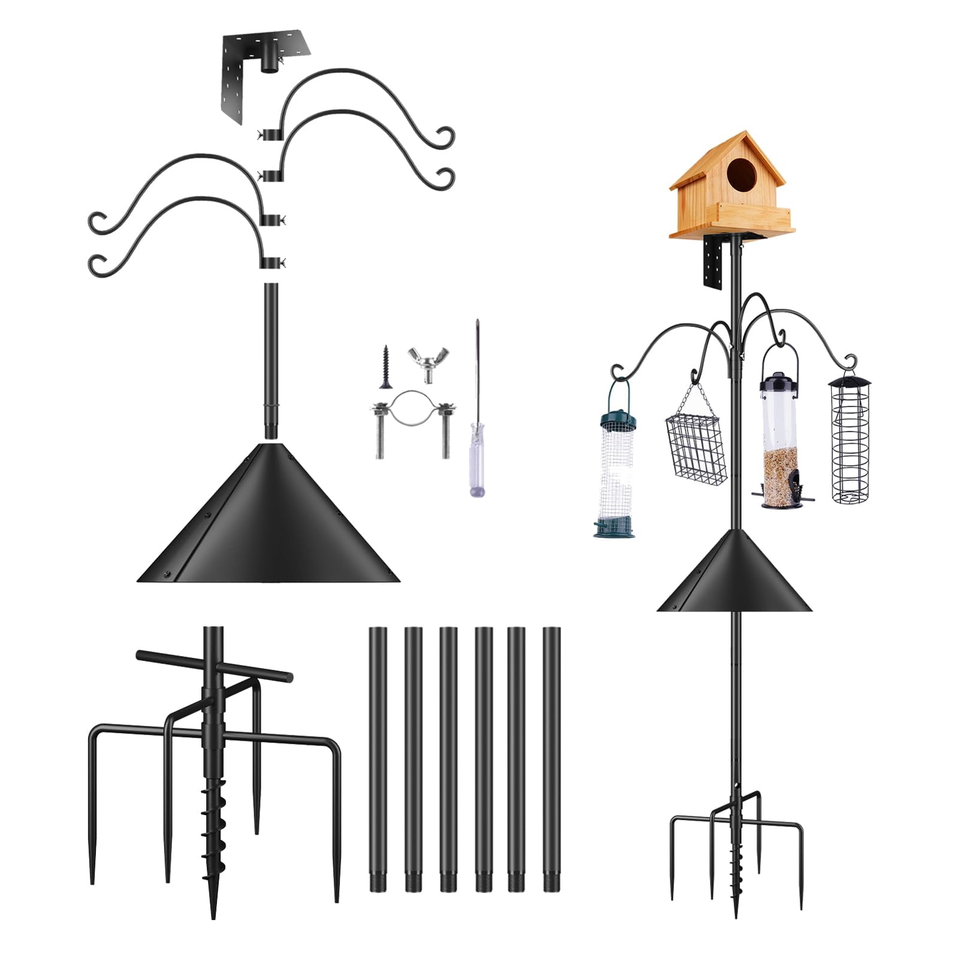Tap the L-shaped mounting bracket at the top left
coord(252,72)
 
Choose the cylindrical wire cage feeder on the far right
coord(849,438)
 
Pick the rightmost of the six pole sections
coord(550,761)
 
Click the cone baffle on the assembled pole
coord(735,575)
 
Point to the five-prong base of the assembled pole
coord(736,839)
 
